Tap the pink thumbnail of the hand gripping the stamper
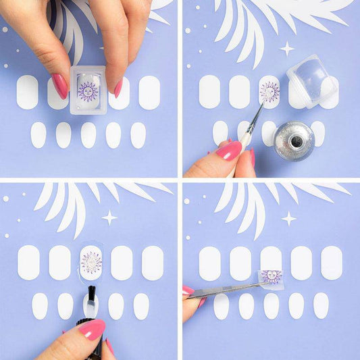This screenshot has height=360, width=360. (60, 86)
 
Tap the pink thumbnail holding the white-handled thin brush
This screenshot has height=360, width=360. (228, 151)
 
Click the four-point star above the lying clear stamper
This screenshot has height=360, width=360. (287, 48)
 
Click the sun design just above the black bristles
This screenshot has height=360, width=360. (91, 262)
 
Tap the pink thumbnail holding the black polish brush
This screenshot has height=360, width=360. (92, 329)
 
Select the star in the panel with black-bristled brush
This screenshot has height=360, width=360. (109, 217)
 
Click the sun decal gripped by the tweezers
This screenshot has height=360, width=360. (270, 276)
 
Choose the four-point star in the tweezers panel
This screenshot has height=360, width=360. (289, 217)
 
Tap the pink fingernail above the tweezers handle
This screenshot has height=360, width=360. (188, 290)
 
